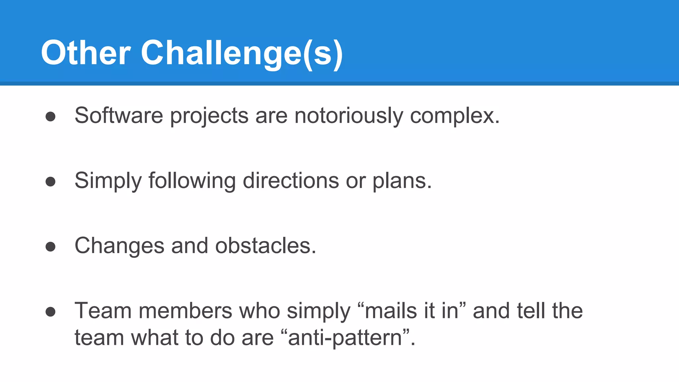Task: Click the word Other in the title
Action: (x=86, y=53)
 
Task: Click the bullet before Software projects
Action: (x=50, y=116)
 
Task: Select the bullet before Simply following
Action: (x=50, y=181)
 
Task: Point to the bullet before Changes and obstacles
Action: (x=50, y=246)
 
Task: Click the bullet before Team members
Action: (x=50, y=311)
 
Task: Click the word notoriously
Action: (x=348, y=116)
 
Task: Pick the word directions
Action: (x=290, y=181)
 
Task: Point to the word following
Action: (x=192, y=181)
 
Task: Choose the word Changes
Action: (x=119, y=246)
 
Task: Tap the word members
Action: (x=185, y=311)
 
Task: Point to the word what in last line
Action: (x=154, y=338)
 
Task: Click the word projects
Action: (x=209, y=116)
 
